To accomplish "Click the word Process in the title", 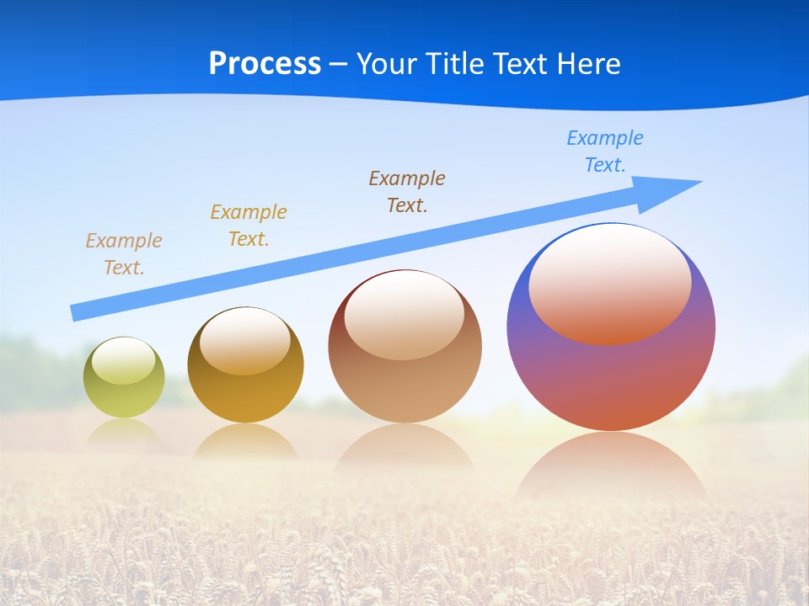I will pyautogui.click(x=265, y=64).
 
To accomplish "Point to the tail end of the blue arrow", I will pyautogui.click(x=76, y=312).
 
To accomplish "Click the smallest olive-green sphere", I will pyautogui.click(x=124, y=391).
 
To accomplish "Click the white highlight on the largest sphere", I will pyautogui.click(x=609, y=284).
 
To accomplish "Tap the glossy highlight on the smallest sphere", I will pyautogui.click(x=123, y=361).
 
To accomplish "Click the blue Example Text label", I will pyautogui.click(x=605, y=151).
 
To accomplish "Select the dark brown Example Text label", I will pyautogui.click(x=407, y=191).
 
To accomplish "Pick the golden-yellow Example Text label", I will pyautogui.click(x=249, y=225).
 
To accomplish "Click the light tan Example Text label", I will pyautogui.click(x=124, y=253).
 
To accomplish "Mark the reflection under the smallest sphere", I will pyautogui.click(x=124, y=430).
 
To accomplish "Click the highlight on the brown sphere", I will pyautogui.click(x=404, y=315).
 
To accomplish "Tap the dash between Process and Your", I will pyautogui.click(x=339, y=64).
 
